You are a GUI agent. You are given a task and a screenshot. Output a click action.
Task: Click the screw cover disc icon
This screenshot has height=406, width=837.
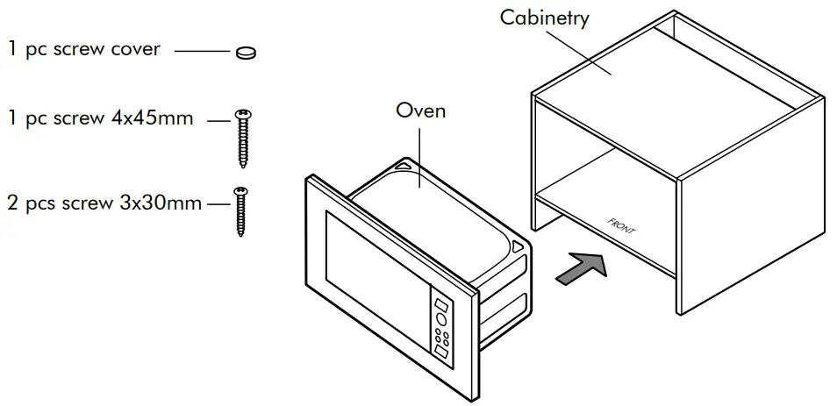(246, 53)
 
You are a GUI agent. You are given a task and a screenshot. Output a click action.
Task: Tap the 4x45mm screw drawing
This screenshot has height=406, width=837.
(243, 138)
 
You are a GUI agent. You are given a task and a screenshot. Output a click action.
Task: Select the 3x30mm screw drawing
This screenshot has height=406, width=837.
(239, 210)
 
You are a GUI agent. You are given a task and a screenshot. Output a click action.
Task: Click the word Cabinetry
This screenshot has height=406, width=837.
(544, 18)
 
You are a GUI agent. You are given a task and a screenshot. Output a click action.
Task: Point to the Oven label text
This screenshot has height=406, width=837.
(420, 110)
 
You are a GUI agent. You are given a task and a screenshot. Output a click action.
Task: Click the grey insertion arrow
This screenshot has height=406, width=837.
(582, 268)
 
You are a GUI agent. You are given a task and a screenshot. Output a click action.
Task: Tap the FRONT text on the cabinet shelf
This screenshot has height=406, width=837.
(621, 225)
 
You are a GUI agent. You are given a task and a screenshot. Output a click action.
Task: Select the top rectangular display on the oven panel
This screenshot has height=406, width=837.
(440, 307)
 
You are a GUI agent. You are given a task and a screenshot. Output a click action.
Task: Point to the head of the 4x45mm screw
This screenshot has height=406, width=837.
(243, 113)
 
